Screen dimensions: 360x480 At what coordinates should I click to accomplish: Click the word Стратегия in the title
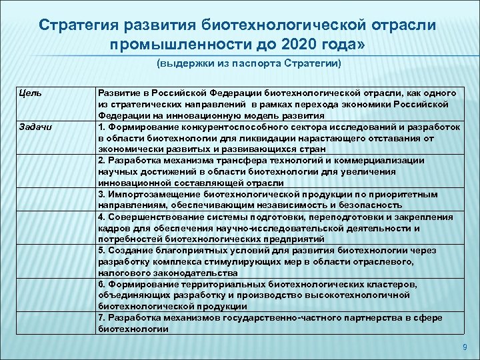tap(78, 25)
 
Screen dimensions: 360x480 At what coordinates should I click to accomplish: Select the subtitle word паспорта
tap(252, 64)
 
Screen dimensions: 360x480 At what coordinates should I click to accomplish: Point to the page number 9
tap(465, 347)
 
